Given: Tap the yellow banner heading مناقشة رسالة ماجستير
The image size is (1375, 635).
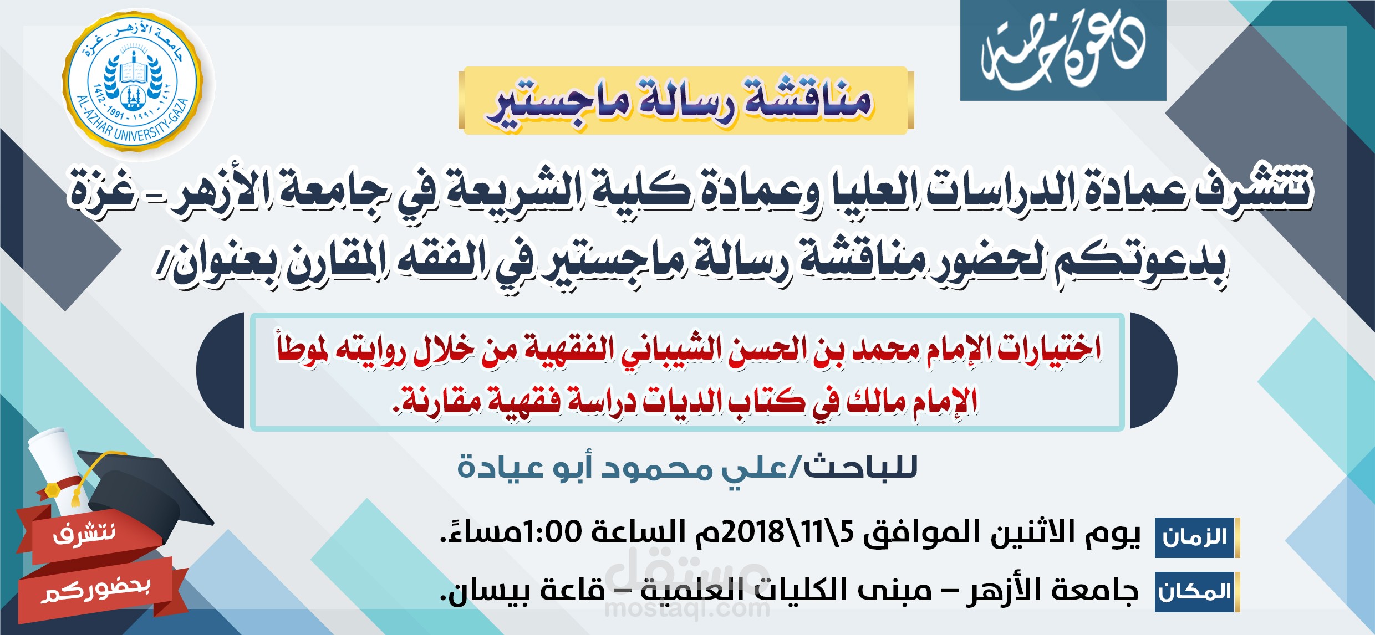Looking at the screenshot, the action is click(686, 100).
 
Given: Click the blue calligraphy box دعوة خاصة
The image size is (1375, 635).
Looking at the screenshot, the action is click(1063, 50).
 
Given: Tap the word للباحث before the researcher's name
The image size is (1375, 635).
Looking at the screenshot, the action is click(860, 467).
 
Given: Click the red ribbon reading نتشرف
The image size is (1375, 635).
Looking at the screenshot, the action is click(86, 534).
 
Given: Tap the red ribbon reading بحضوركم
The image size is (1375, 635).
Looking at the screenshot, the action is click(97, 591).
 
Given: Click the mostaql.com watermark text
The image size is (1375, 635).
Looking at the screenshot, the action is click(687, 609).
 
